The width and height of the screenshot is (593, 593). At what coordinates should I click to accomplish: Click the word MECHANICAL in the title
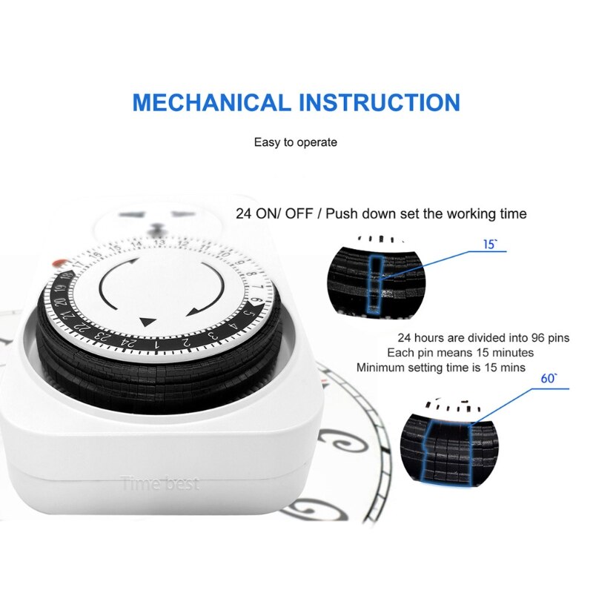click(x=211, y=102)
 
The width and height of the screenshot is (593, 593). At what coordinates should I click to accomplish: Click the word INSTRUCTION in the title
click(x=379, y=102)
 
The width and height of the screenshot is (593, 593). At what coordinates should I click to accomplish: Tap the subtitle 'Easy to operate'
click(x=296, y=142)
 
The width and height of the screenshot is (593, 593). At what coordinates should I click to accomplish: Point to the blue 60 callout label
click(x=549, y=378)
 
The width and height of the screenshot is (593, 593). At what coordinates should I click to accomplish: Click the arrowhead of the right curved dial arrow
click(x=194, y=311)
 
